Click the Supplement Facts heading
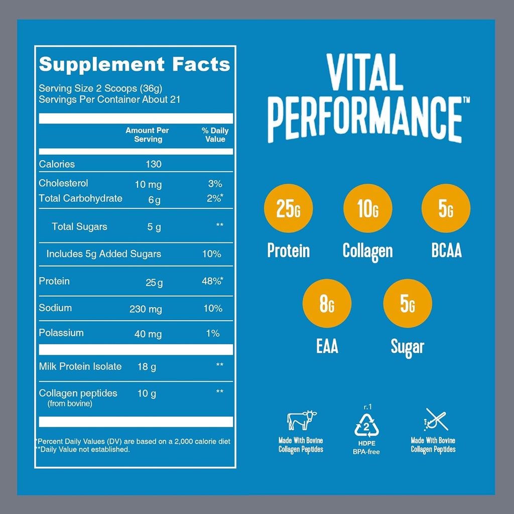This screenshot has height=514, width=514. (135, 64)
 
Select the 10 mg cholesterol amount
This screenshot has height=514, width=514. (148, 184)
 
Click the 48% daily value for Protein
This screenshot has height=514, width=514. (212, 282)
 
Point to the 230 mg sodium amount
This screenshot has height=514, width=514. (146, 309)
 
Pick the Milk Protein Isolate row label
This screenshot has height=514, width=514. (80, 366)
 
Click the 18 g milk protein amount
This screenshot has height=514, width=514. (147, 367)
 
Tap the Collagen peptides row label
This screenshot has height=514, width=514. (78, 393)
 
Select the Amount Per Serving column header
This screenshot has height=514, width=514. (148, 135)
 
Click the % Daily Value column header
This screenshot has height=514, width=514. (215, 135)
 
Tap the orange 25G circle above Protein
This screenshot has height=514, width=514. (288, 208)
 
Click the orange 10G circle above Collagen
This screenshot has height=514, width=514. (367, 208)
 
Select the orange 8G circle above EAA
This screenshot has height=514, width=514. (327, 304)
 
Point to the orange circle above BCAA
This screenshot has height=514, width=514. (446, 208)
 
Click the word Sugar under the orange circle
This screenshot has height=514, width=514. (408, 347)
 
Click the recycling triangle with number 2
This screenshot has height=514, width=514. (366, 426)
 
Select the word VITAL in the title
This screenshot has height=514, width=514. (365, 73)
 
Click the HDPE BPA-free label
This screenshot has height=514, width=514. (366, 448)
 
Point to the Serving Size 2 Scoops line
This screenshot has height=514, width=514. (100, 88)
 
